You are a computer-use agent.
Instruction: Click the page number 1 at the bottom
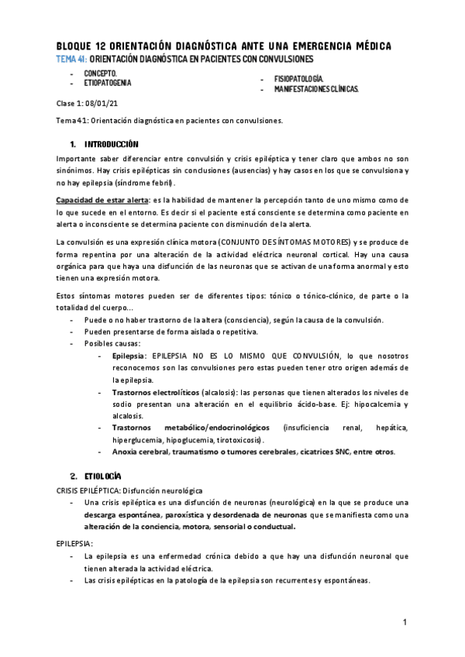click(405, 622)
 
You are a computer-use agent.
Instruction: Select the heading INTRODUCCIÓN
click(111, 144)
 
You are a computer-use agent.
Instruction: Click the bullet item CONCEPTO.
click(100, 73)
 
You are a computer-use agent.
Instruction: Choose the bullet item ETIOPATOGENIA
click(108, 81)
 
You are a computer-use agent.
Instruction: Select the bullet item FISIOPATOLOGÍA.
click(298, 80)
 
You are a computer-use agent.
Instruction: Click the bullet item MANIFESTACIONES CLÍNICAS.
click(316, 89)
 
